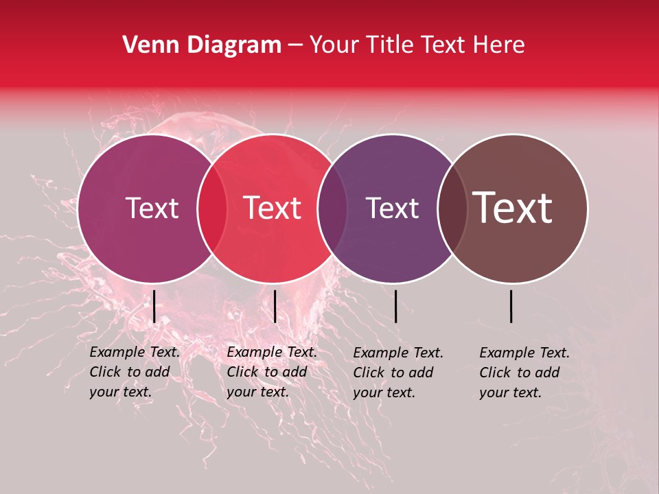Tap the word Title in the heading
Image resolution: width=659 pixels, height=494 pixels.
tap(391, 45)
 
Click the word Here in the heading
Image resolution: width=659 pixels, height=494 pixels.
tap(498, 45)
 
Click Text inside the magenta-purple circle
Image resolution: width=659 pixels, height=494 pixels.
tap(152, 208)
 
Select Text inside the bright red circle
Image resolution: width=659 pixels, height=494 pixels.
tap(273, 208)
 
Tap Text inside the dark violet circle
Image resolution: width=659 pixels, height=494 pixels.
tap(392, 208)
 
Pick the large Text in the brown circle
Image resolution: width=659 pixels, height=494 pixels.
tap(513, 207)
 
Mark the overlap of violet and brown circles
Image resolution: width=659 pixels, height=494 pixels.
tap(452, 209)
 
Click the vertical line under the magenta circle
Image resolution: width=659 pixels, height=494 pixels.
tap(154, 306)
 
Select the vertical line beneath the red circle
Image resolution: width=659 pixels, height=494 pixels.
tap(275, 306)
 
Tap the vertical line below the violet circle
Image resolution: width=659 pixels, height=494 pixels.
tap(395, 306)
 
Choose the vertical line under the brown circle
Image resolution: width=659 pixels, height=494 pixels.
tap(511, 306)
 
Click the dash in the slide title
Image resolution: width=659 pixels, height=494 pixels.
tap(295, 46)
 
